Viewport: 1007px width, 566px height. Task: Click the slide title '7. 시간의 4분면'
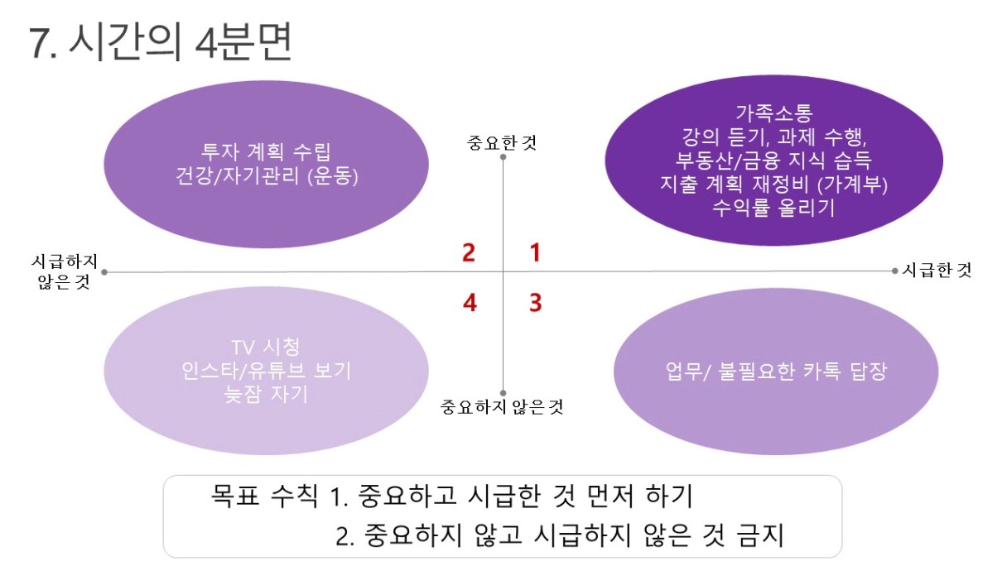tap(161, 42)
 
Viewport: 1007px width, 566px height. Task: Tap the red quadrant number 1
tap(535, 252)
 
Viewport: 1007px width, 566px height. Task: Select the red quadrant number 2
tap(469, 252)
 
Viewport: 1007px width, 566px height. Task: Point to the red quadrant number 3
tap(536, 303)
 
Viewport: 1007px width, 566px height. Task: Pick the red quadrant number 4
tap(470, 303)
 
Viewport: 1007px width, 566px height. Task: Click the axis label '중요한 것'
tap(502, 143)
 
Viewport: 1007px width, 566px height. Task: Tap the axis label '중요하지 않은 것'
tap(502, 407)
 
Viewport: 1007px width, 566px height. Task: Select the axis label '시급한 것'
tap(937, 271)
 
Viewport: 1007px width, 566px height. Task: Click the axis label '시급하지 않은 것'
tap(65, 271)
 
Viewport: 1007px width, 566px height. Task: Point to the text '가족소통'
tap(773, 113)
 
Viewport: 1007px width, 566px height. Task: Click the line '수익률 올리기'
tap(773, 208)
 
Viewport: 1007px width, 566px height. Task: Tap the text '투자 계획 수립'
tap(266, 151)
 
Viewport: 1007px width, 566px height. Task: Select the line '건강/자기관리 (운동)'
tap(267, 175)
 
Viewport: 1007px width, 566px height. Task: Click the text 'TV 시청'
tap(266, 347)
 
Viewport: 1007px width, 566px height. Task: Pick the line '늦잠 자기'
tap(266, 395)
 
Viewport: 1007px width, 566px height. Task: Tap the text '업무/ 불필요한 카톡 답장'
tap(777, 372)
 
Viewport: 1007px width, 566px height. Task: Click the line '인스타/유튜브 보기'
tap(266, 371)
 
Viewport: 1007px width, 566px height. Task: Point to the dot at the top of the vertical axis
tap(503, 156)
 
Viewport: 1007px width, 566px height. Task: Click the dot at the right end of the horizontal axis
tap(894, 271)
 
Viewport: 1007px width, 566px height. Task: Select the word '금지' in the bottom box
tap(760, 535)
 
